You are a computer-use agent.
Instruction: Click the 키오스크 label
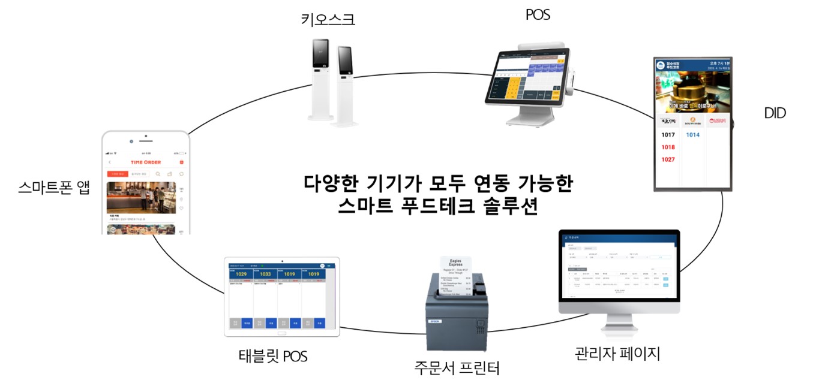click(x=328, y=19)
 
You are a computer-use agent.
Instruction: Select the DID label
click(x=775, y=113)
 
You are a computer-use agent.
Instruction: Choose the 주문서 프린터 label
click(x=457, y=367)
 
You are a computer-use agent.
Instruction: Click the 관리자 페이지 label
click(x=617, y=353)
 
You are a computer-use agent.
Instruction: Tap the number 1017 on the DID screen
click(x=667, y=135)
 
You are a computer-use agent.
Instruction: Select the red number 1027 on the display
click(x=667, y=159)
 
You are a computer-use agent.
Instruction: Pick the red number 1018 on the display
click(x=667, y=147)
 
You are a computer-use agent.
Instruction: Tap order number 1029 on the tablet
click(x=241, y=275)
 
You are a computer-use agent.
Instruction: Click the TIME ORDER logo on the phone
click(x=146, y=162)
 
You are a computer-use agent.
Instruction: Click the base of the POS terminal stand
click(x=528, y=120)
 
